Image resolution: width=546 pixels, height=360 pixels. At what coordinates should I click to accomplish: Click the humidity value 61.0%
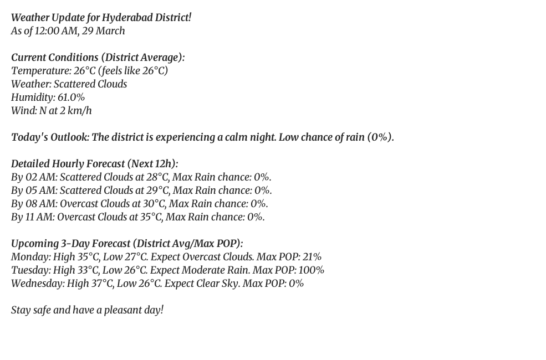(x=71, y=97)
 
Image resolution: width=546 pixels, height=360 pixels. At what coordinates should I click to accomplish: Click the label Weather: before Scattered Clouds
(x=31, y=84)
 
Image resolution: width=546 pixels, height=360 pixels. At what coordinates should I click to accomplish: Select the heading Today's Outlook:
(x=50, y=137)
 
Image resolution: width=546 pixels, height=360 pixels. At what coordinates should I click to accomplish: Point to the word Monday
(x=30, y=257)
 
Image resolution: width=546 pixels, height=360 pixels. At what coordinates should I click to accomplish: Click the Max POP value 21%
(x=312, y=257)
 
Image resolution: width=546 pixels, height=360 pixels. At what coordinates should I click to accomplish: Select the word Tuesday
(x=30, y=270)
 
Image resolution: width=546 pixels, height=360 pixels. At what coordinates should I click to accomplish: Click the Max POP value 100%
(x=312, y=270)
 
